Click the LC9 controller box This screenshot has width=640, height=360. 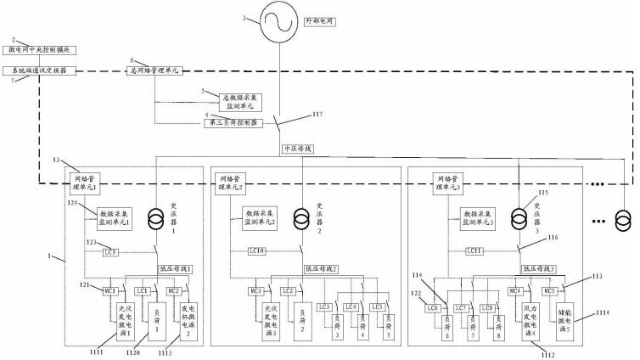click(x=111, y=251)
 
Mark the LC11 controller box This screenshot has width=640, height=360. click(x=476, y=251)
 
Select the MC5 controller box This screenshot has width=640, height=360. click(x=551, y=291)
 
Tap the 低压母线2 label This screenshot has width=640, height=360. click(x=323, y=268)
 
